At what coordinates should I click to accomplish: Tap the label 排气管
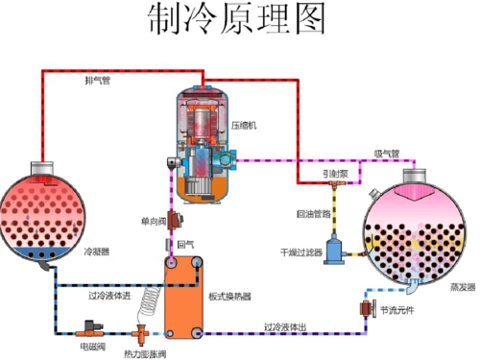(x=97, y=80)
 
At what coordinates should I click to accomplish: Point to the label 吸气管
(x=386, y=154)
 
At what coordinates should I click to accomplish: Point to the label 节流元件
(x=398, y=309)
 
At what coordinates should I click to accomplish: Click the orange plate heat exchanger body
(x=180, y=298)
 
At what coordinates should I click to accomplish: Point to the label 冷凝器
(x=97, y=252)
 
